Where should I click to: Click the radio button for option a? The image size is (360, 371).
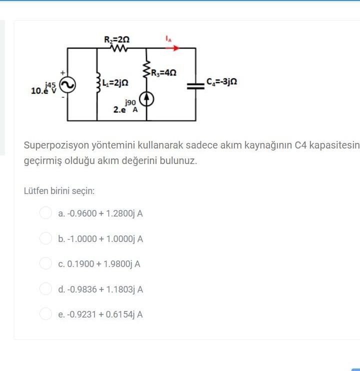pyautogui.click(x=45, y=213)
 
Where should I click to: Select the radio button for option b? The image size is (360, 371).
pyautogui.click(x=45, y=238)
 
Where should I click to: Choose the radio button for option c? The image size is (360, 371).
pyautogui.click(x=45, y=263)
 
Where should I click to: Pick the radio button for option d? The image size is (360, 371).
pyautogui.click(x=45, y=289)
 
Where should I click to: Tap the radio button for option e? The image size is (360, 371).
pyautogui.click(x=45, y=314)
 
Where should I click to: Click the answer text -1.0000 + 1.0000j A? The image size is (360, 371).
pyautogui.click(x=100, y=239)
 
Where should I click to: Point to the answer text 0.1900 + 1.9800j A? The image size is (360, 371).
pyautogui.click(x=99, y=264)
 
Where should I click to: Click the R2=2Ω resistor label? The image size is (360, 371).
pyautogui.click(x=116, y=39)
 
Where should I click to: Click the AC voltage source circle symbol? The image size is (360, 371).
pyautogui.click(x=67, y=85)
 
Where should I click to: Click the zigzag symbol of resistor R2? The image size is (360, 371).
pyautogui.click(x=119, y=48)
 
